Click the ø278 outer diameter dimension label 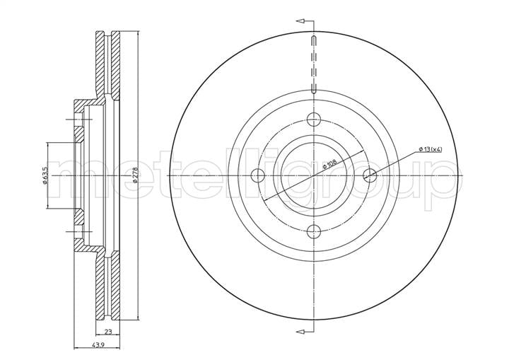point(135,175)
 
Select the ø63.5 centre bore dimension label point(45,175)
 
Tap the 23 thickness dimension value point(108,332)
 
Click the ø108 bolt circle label point(330,163)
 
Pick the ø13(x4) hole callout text point(431,149)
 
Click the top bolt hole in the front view point(314,120)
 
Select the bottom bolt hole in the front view point(314,232)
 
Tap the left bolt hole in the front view point(258,175)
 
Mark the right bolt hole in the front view point(370,175)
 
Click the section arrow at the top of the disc point(300,21)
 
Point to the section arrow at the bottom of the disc point(300,332)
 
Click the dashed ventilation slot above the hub point(314,64)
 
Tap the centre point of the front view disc point(314,175)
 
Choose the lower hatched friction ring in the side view point(108,286)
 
